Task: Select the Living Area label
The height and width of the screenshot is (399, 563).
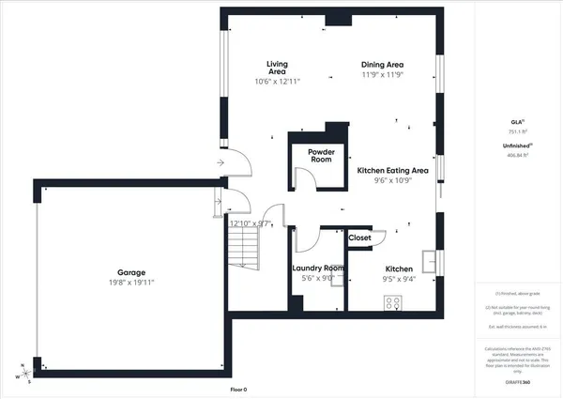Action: coord(277,68)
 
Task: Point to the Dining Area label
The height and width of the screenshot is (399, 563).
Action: coord(383,65)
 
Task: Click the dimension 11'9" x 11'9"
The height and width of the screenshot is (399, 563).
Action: coord(383,75)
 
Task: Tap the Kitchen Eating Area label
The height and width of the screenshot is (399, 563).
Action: coord(393,171)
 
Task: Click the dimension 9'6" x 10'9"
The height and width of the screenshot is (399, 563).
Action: coord(393,181)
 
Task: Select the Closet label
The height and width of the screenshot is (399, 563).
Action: coord(359,238)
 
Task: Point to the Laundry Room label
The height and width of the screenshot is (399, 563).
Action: coord(318,269)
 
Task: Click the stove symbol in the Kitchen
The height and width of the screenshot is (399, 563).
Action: coord(394,301)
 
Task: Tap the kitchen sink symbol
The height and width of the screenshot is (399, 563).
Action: coord(430,258)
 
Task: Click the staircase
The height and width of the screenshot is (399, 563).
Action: coord(243,248)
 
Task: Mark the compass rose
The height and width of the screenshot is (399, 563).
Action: coord(22,373)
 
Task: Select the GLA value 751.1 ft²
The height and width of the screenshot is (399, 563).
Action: coord(518,132)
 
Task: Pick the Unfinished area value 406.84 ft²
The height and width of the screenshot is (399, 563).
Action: coord(518,156)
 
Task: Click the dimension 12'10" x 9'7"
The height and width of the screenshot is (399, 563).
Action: coord(251,223)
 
